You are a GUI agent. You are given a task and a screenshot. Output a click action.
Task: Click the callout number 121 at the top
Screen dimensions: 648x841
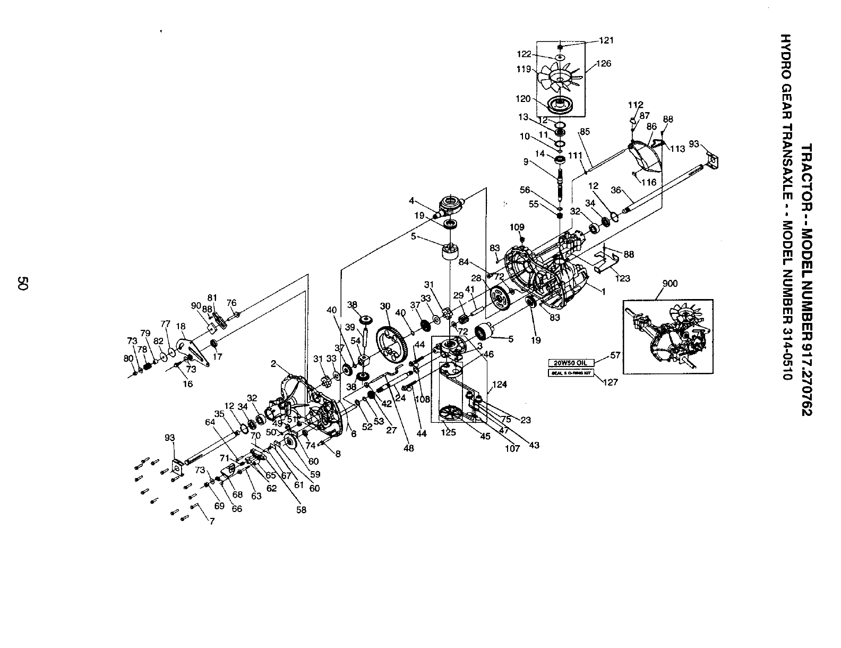point(606,40)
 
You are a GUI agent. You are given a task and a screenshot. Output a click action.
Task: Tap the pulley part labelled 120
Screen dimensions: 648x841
point(561,103)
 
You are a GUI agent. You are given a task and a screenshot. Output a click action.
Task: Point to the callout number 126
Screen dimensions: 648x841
point(604,64)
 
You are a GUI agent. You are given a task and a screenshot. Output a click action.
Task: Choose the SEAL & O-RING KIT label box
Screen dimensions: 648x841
point(570,372)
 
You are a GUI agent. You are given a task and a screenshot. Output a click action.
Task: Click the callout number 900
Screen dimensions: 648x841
point(671,284)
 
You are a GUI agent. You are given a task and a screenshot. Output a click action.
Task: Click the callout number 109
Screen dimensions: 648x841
point(517,227)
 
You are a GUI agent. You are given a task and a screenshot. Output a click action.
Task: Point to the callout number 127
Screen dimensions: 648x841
point(611,382)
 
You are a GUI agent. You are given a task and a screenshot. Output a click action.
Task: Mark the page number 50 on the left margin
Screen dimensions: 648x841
point(22,283)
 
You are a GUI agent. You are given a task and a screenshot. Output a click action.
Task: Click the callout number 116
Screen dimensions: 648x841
point(649,182)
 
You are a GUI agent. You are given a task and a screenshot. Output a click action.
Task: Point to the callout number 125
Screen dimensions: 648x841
point(449,432)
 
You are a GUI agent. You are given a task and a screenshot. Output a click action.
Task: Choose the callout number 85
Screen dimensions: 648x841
point(585,131)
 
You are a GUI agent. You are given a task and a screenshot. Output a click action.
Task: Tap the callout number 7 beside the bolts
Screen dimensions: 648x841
point(212,522)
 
